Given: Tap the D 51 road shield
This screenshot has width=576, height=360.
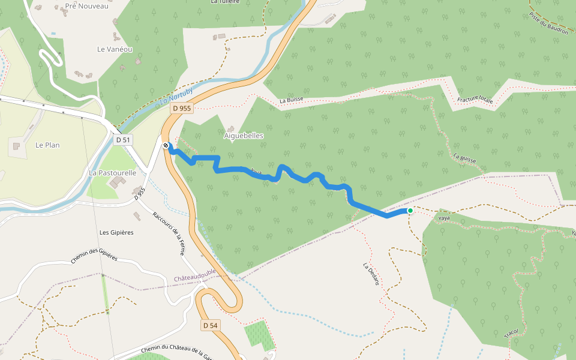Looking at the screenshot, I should coord(122,139).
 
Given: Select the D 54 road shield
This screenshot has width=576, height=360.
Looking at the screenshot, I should coord(209,325).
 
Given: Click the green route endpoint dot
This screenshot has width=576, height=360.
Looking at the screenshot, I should coord(410,211).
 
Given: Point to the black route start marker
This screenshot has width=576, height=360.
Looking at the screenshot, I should coord(166,145).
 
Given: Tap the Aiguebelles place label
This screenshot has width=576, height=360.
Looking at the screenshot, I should coord(244,136).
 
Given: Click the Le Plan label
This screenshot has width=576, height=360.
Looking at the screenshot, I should coord(47,145).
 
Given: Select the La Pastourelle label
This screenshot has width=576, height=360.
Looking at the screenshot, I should coord(113,173).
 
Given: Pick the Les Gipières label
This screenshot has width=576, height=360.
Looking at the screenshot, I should coord(116,232).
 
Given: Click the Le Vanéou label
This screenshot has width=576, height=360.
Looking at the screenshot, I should coord(115,49).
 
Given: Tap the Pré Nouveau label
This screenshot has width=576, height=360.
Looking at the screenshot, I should coord(86,6).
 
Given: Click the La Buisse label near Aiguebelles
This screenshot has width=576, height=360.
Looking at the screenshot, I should coord(292,100).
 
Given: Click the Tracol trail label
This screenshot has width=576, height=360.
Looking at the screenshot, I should coord(511,332).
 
